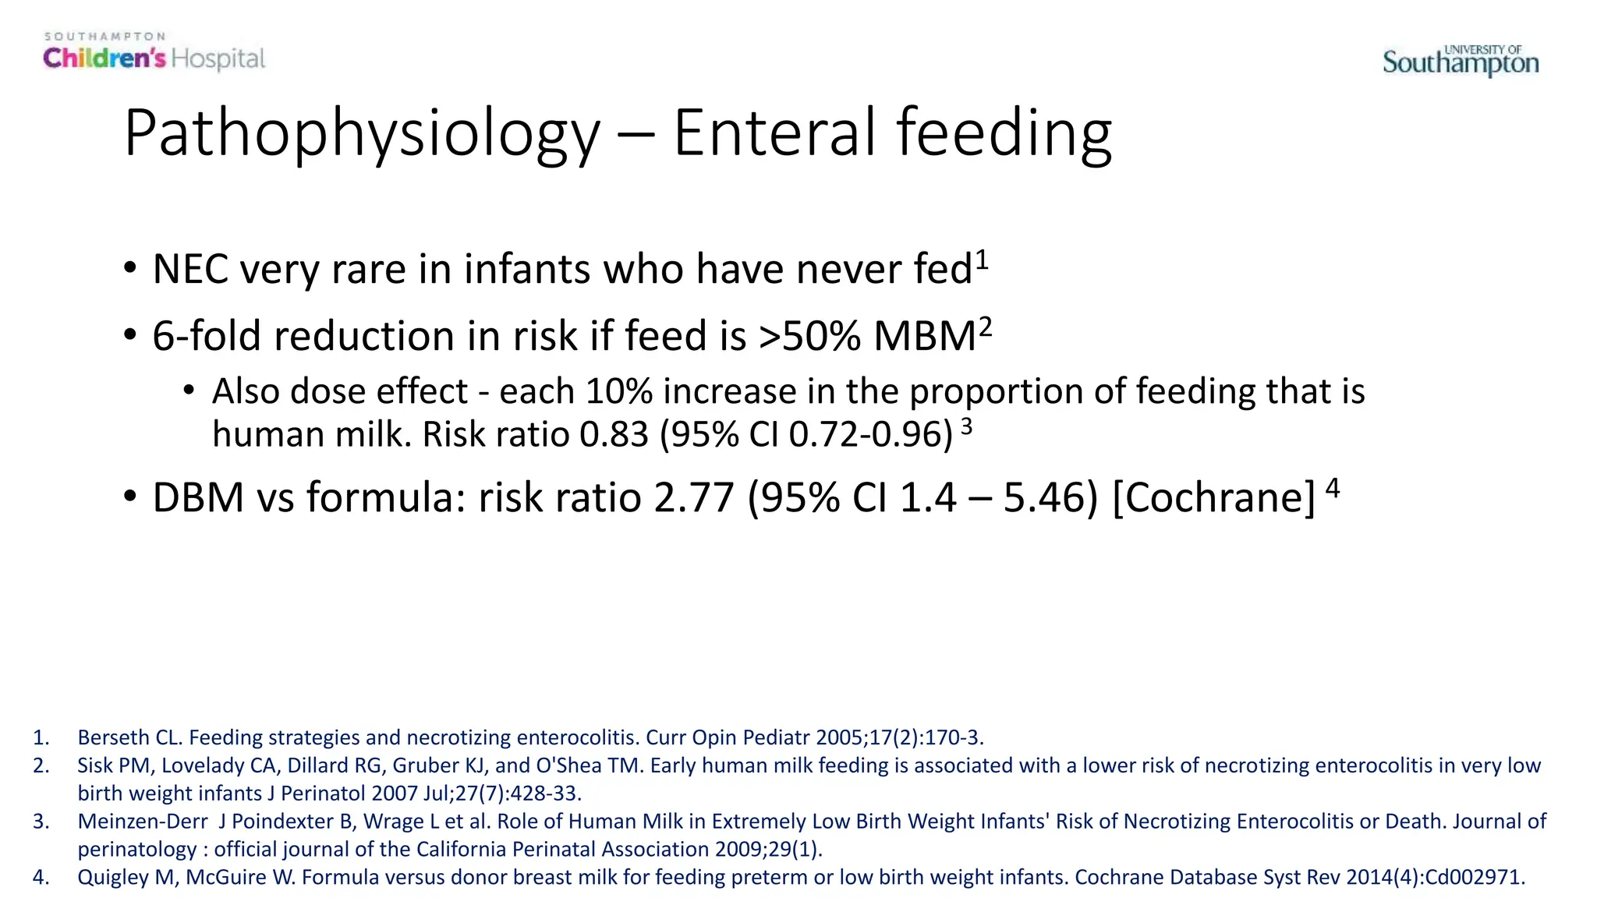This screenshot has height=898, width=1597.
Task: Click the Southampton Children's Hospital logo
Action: click(154, 53)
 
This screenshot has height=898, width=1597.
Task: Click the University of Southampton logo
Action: click(1461, 61)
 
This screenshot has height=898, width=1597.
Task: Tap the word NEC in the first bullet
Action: click(190, 270)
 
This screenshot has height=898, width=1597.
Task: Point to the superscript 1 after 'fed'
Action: click(982, 260)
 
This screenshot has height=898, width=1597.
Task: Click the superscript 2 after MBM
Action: click(986, 327)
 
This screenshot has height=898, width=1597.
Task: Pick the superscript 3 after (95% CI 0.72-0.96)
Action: click(967, 426)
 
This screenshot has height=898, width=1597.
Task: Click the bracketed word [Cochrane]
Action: click(1213, 498)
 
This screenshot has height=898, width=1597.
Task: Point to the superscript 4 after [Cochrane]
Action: click(1332, 488)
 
